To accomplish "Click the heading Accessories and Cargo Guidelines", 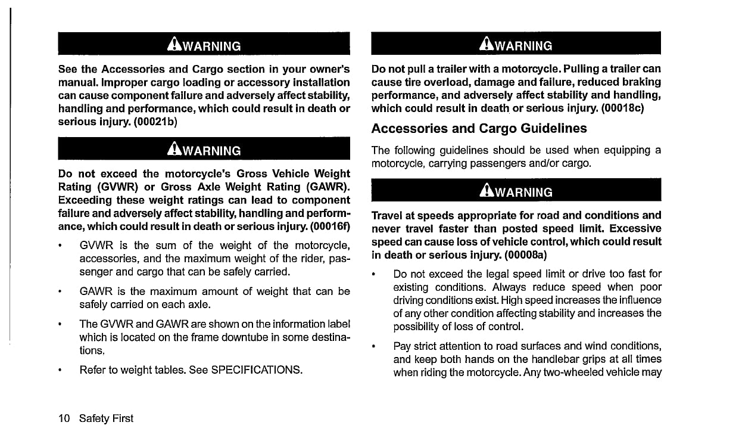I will click(x=479, y=129).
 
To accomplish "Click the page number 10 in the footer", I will click(x=64, y=418).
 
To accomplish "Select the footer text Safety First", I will click(x=110, y=418).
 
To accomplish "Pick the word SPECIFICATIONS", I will click(x=257, y=370).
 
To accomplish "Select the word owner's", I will click(x=324, y=69).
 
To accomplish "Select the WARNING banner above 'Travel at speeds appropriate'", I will click(x=516, y=191).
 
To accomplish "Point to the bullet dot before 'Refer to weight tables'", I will click(x=61, y=370).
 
